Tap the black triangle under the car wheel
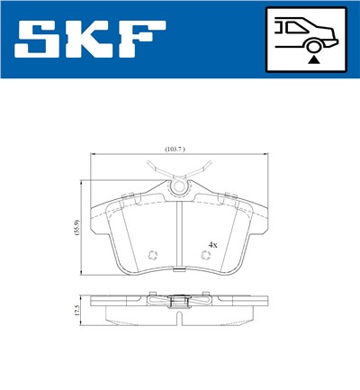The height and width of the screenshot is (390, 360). (x=313, y=59)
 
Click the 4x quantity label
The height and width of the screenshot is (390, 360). (x=213, y=244)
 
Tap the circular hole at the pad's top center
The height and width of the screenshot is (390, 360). (x=180, y=187)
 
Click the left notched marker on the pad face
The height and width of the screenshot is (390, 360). (x=152, y=255)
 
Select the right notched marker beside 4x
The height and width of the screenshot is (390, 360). (x=207, y=256)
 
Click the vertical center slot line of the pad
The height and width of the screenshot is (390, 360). (x=181, y=234)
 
